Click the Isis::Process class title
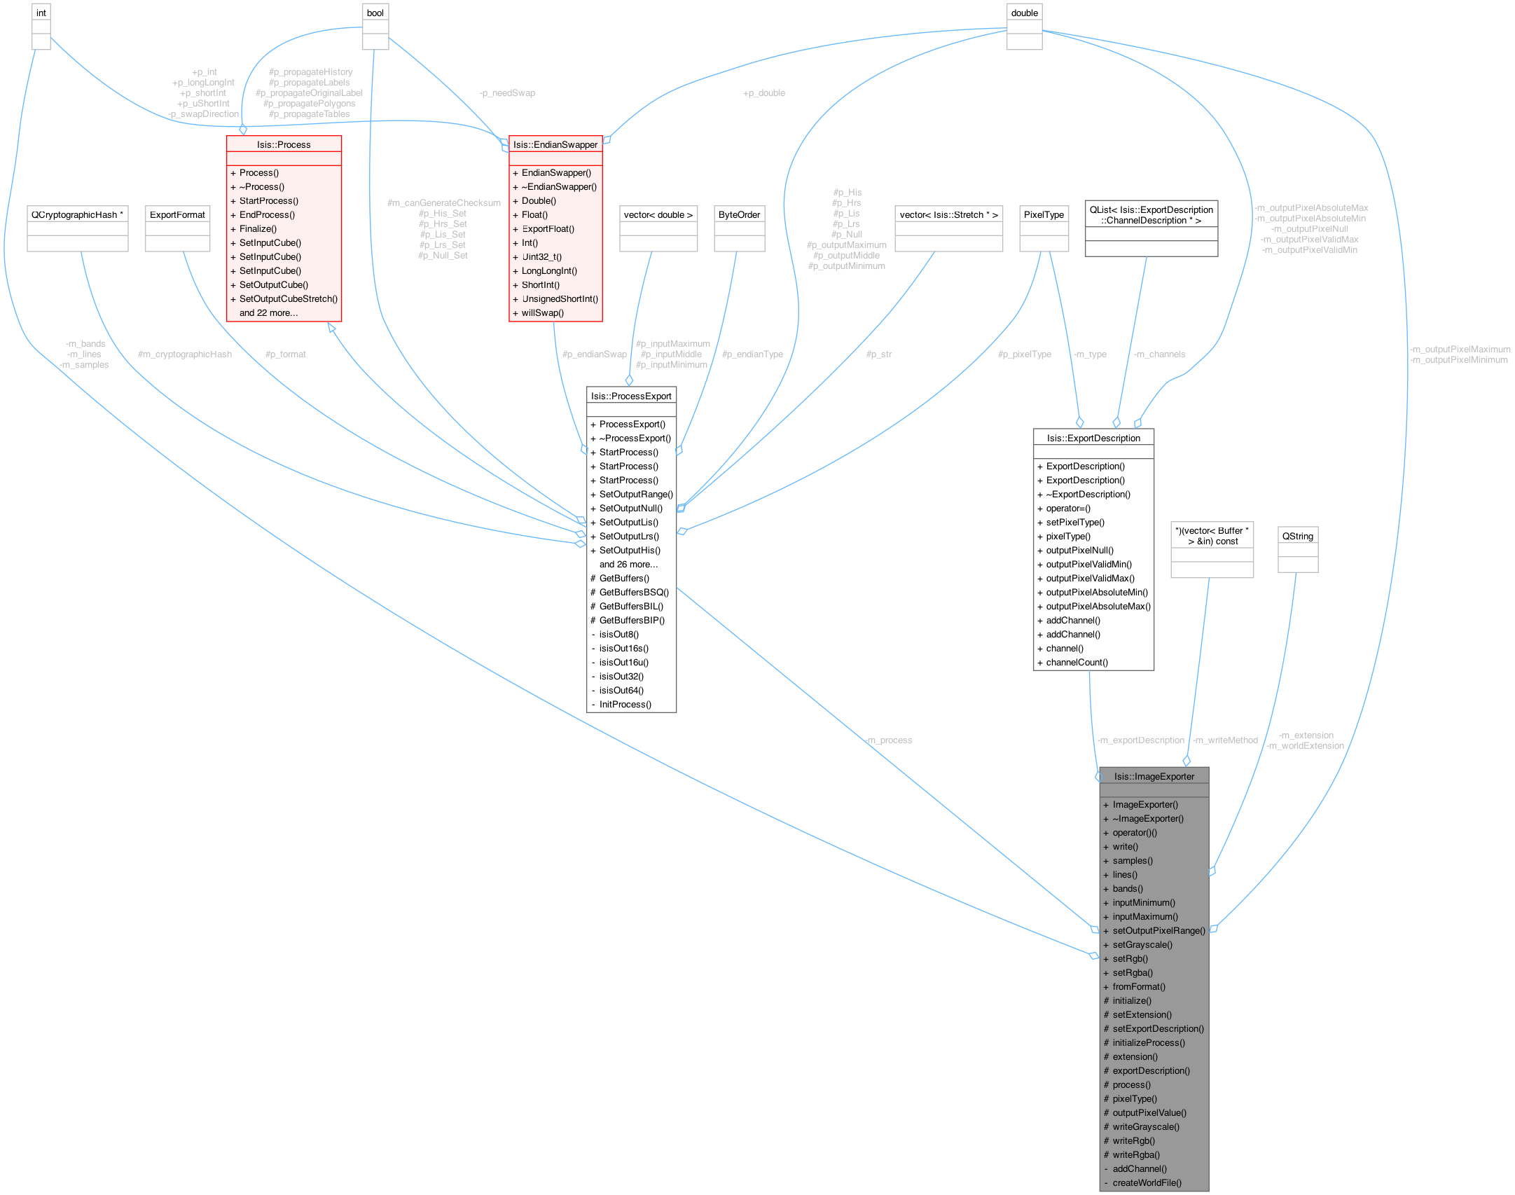tap(284, 144)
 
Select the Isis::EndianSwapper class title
tap(555, 144)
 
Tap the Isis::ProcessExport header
tap(631, 396)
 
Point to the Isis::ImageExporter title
tap(1154, 776)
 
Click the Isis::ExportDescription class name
tap(1093, 438)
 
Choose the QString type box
tap(1297, 536)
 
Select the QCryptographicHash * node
tap(77, 214)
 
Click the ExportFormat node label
tap(177, 214)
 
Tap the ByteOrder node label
tap(739, 214)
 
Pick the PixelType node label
tap(1044, 214)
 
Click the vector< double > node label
tap(658, 214)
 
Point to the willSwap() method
tap(542, 312)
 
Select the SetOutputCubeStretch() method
tap(288, 298)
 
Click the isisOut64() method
tap(621, 690)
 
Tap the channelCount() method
tap(1077, 662)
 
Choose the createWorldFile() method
tap(1147, 1182)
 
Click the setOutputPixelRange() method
tap(1158, 930)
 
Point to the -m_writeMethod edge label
tap(1225, 740)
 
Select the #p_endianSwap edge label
tap(594, 354)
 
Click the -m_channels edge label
tap(1159, 354)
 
